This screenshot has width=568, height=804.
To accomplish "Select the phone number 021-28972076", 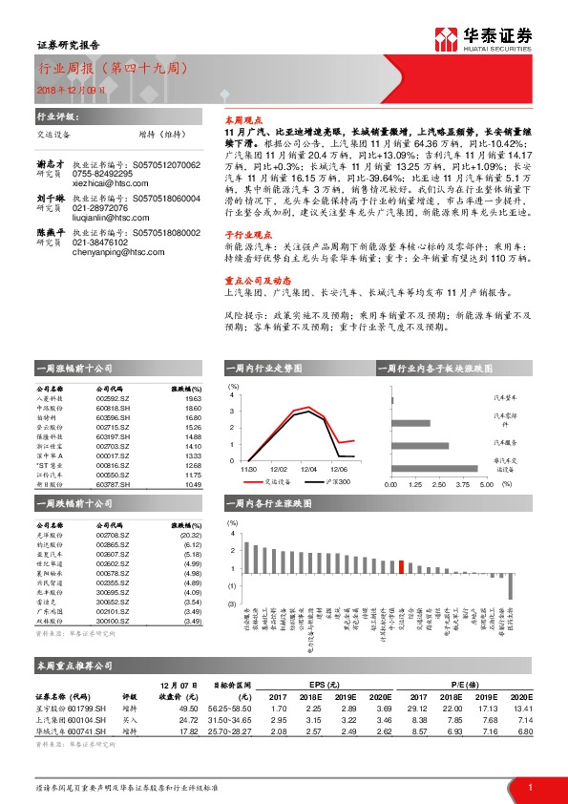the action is tap(100, 207).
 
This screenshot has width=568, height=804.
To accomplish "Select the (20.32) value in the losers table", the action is tap(191, 535).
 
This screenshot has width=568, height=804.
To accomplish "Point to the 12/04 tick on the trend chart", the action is tap(308, 469).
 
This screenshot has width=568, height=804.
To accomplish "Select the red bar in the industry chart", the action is tap(401, 566).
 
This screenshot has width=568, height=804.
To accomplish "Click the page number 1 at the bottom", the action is tap(530, 787).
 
